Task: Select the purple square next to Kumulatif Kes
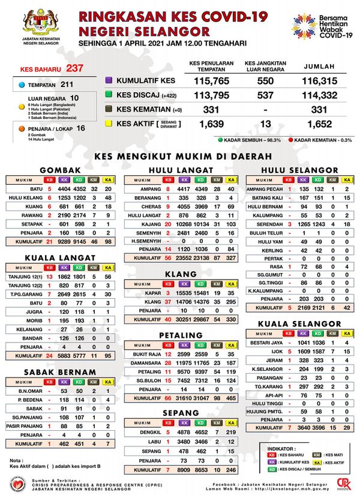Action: click(109, 80)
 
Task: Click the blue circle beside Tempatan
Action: click(22, 85)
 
